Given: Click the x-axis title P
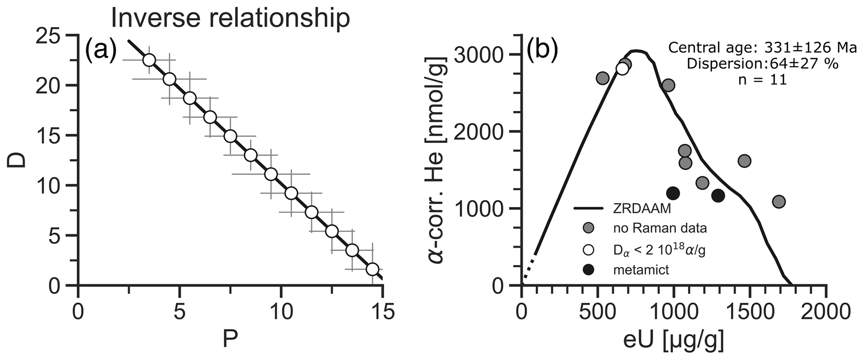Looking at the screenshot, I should [230, 340].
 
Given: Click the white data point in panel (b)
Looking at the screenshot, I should [622, 69].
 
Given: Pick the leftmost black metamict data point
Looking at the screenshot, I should [673, 193].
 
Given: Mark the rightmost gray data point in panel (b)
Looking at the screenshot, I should [778, 202].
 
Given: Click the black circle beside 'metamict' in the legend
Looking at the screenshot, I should [589, 270].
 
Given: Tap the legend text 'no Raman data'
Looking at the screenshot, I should [660, 228].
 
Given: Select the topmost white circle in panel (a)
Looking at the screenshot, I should [149, 60].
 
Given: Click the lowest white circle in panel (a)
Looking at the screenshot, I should [372, 269].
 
